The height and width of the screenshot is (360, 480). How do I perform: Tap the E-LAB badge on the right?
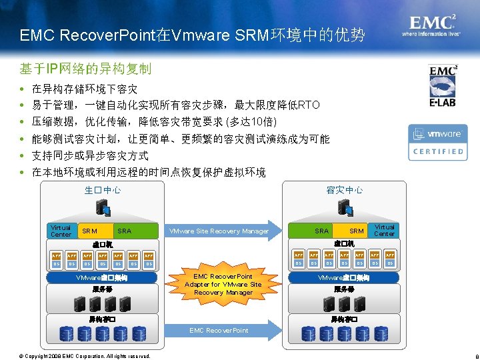(x=443, y=85)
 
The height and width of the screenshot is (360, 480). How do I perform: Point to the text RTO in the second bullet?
(x=309, y=105)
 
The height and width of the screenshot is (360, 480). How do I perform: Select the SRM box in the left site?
(x=89, y=231)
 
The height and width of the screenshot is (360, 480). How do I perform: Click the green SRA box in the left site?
(x=125, y=231)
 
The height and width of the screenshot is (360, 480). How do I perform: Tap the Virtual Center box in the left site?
(x=61, y=231)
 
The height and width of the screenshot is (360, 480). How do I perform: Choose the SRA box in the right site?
(x=322, y=231)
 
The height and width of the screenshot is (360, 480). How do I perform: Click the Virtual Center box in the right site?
(x=384, y=231)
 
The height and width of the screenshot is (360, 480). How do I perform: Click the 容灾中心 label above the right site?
(x=345, y=190)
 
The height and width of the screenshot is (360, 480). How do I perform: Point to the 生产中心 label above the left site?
(x=103, y=190)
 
